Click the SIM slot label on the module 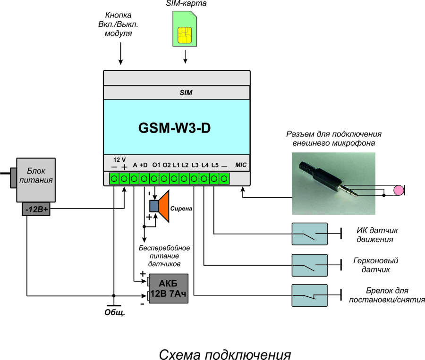186,93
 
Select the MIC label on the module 241,165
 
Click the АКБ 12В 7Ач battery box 169,289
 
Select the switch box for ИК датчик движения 309,233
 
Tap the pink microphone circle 399,190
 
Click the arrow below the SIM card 185,56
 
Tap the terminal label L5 215,165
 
